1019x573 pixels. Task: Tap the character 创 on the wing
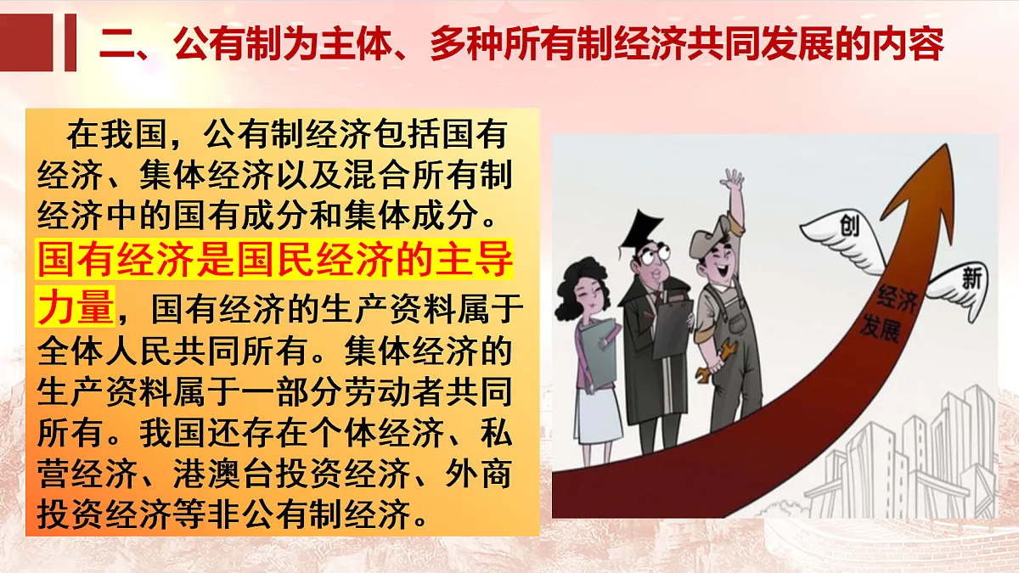click(x=848, y=226)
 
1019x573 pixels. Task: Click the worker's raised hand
click(x=732, y=180)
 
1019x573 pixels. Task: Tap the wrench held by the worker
click(x=710, y=362)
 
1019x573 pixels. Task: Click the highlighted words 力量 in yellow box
click(x=76, y=305)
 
